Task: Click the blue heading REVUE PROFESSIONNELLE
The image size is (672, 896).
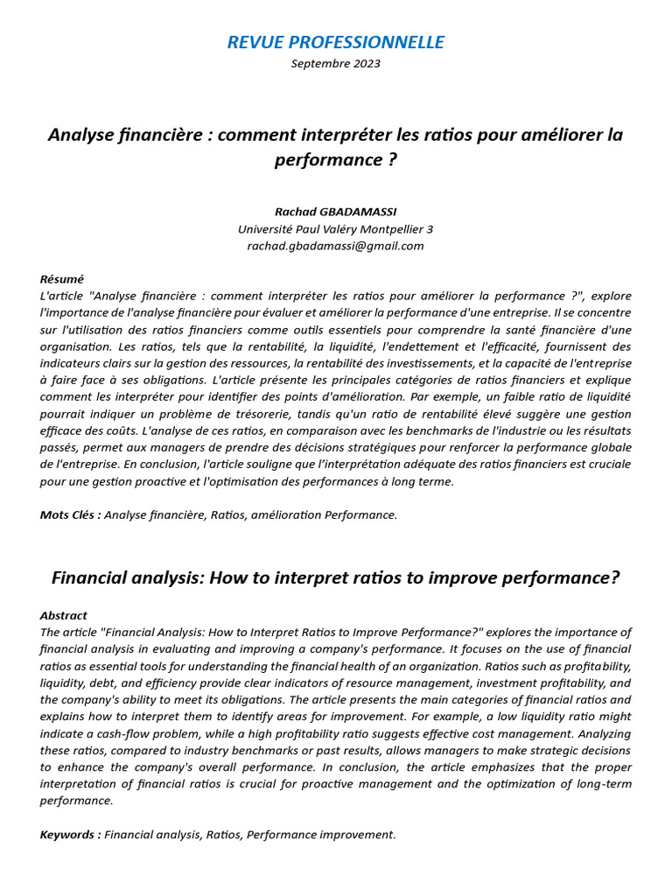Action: [x=335, y=42]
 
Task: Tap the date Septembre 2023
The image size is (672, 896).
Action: [x=335, y=64]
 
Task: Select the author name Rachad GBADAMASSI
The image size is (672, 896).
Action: [x=335, y=212]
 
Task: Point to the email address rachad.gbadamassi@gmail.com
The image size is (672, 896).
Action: [x=335, y=246]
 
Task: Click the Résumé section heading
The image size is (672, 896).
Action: [x=62, y=279]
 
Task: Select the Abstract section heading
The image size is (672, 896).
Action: [x=64, y=615]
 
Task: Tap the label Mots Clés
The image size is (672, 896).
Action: [x=69, y=514]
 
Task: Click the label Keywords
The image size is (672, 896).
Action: [x=69, y=835]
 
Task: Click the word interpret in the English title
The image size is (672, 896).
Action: [x=330, y=577]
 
